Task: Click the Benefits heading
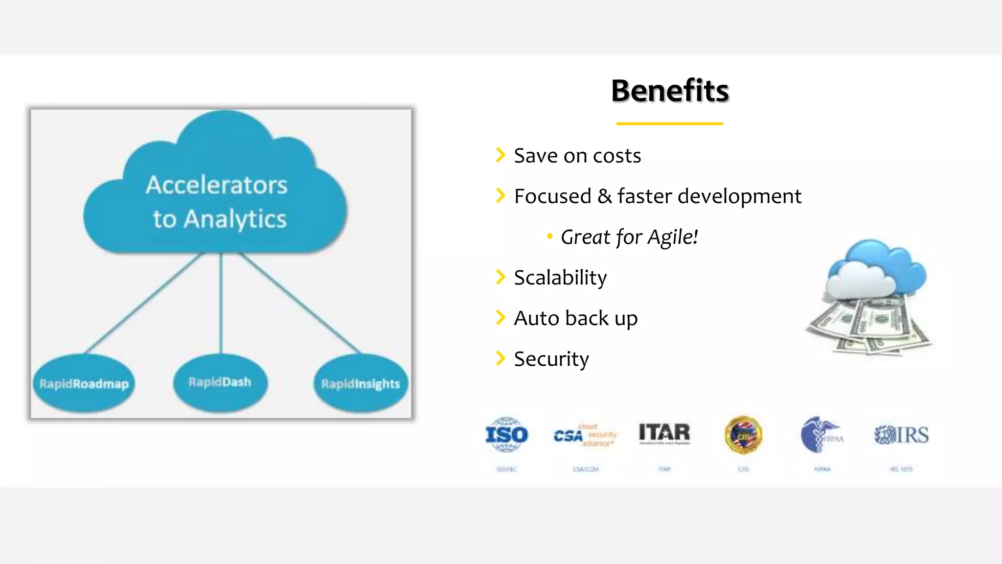pos(669,91)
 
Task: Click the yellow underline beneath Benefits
pos(669,124)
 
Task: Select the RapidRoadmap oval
pos(84,383)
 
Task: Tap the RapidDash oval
pos(220,382)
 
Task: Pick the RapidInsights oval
pos(361,384)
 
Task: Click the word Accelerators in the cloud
pos(217,185)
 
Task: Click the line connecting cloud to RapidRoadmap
pos(144,303)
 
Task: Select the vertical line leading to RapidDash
pos(221,304)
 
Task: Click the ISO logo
pos(506,435)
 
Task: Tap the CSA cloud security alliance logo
pos(585,435)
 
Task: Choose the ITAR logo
pos(664,433)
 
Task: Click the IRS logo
pos(901,435)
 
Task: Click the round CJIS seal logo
pos(743,435)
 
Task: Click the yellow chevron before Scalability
pos(500,277)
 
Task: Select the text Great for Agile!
pos(629,237)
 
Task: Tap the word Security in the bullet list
pos(551,359)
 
